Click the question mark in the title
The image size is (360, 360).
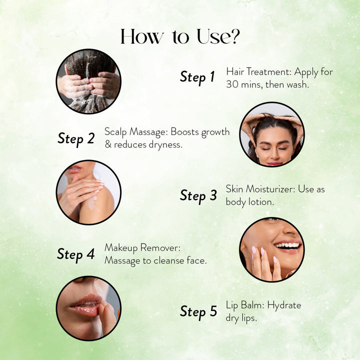click(x=234, y=36)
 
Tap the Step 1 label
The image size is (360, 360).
click(x=197, y=77)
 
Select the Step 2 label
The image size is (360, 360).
click(x=76, y=139)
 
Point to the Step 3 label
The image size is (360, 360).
click(x=198, y=196)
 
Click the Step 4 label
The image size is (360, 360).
click(x=76, y=254)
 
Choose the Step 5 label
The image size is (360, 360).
click(x=198, y=312)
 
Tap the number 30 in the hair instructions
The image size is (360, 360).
click(x=232, y=84)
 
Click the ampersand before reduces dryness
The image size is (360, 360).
click(x=108, y=144)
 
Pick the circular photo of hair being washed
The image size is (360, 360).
click(x=88, y=81)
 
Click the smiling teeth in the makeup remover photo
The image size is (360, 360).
click(x=288, y=245)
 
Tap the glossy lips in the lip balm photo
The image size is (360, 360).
click(x=85, y=305)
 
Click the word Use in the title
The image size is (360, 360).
click(x=212, y=36)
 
